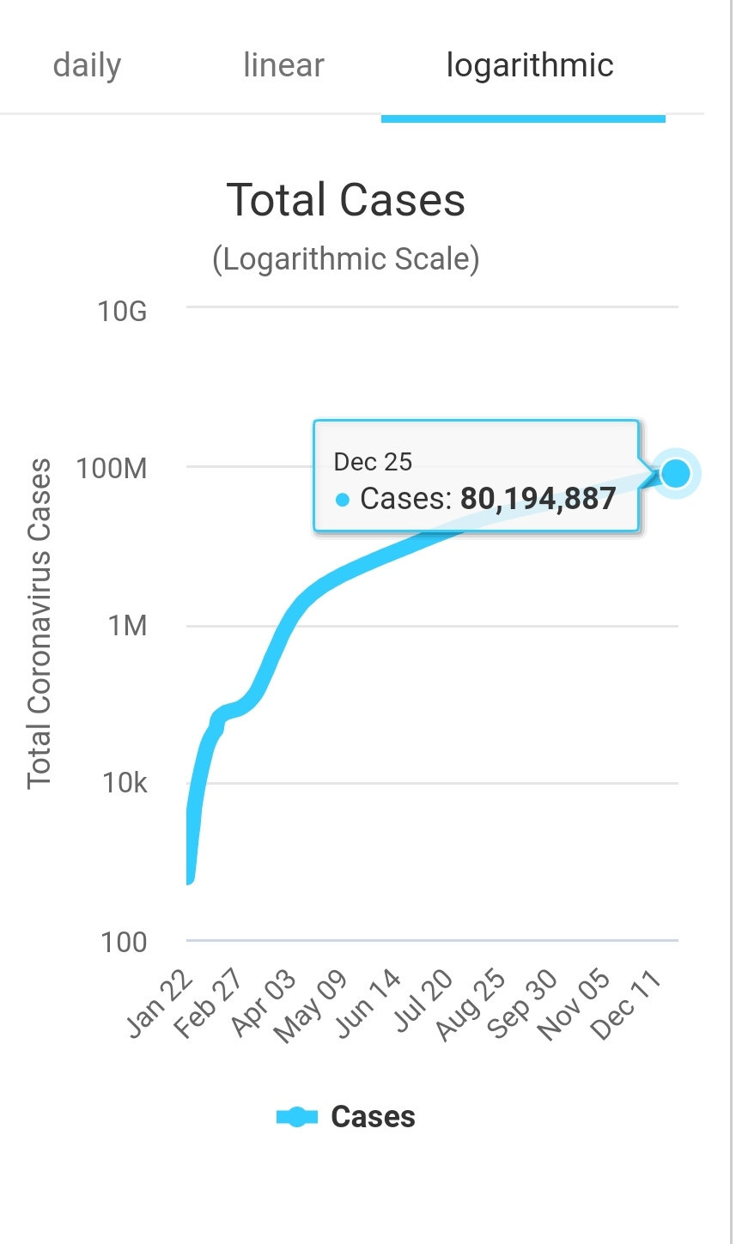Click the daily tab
pyautogui.click(x=87, y=66)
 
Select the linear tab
pyautogui.click(x=283, y=66)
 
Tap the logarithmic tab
pyautogui.click(x=529, y=66)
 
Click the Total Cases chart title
pyautogui.click(x=346, y=200)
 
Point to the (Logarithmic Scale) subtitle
pyautogui.click(x=346, y=258)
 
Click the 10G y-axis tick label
pyautogui.click(x=123, y=311)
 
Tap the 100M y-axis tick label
pyautogui.click(x=113, y=469)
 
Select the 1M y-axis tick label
pyautogui.click(x=128, y=626)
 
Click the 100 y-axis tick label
pyautogui.click(x=124, y=942)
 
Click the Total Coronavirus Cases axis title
pyautogui.click(x=40, y=624)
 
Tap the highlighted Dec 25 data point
pyautogui.click(x=676, y=472)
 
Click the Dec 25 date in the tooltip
pyautogui.click(x=373, y=463)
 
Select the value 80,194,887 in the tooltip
pyautogui.click(x=538, y=499)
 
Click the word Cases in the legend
pyautogui.click(x=373, y=1117)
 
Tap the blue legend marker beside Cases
pyautogui.click(x=296, y=1117)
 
